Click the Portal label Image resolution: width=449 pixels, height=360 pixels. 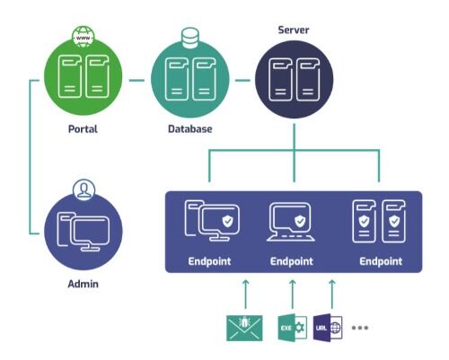(x=83, y=129)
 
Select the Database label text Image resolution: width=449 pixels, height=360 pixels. (x=190, y=129)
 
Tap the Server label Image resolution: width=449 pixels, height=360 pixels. (x=294, y=30)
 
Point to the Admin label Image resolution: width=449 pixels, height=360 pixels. (x=83, y=284)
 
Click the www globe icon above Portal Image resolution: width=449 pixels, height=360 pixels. (x=84, y=37)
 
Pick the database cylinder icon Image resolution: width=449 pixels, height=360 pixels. (x=190, y=38)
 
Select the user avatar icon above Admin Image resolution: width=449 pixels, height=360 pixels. (x=84, y=190)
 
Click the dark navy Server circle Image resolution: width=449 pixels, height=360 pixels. (x=294, y=79)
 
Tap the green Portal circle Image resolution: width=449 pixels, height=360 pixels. (x=84, y=76)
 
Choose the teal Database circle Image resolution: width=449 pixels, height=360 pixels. (x=190, y=78)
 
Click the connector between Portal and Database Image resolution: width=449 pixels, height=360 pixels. (x=136, y=80)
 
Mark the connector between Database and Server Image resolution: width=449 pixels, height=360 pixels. (x=242, y=80)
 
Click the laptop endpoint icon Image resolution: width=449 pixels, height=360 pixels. (x=291, y=222)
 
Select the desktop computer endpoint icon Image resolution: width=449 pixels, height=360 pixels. (x=212, y=221)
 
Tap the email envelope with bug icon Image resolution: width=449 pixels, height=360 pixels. (x=244, y=328)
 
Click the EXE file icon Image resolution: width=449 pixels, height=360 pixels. (x=293, y=328)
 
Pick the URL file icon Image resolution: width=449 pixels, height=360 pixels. (x=328, y=328)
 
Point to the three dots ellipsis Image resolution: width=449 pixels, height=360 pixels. (x=360, y=328)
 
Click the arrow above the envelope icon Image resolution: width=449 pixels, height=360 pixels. (x=245, y=294)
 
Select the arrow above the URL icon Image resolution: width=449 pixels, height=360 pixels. (x=332, y=294)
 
